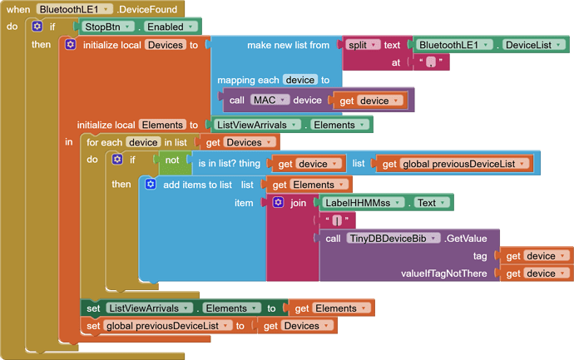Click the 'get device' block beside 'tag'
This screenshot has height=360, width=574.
tap(536, 256)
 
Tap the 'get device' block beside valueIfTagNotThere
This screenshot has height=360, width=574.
tap(536, 274)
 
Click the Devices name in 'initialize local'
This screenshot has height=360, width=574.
tap(165, 44)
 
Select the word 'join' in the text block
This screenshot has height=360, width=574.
tap(298, 202)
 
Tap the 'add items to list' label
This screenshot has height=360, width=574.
tap(197, 185)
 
